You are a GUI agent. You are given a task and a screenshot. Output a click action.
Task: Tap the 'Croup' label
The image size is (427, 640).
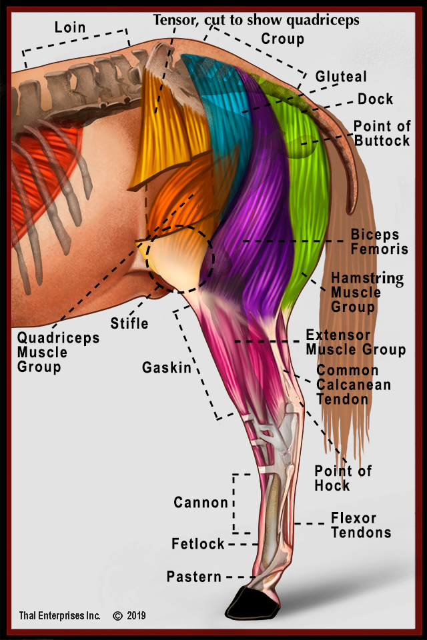[x=282, y=39]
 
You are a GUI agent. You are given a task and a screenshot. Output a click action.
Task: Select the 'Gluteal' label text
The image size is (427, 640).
[x=341, y=77]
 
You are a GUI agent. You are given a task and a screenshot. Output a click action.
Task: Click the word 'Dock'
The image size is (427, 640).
[x=375, y=99]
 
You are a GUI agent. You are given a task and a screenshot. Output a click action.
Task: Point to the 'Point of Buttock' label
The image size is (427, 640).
[x=382, y=133]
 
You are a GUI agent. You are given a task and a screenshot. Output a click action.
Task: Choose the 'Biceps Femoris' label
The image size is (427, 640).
[x=375, y=242]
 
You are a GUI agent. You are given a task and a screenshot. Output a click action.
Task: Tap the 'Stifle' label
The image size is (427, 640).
[x=129, y=323]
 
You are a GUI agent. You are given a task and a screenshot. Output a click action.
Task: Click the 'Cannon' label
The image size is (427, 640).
[x=201, y=502]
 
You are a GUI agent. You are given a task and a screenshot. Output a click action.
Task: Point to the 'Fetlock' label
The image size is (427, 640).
[x=198, y=544]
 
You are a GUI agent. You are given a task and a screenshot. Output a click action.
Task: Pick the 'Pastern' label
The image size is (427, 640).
[x=193, y=576]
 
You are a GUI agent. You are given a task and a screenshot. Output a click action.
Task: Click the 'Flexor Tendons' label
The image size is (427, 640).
[x=361, y=525]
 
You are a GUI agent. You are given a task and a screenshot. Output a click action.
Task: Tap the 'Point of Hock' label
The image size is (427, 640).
[x=343, y=477]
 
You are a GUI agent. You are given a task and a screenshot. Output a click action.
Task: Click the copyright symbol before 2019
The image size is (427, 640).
[x=117, y=616]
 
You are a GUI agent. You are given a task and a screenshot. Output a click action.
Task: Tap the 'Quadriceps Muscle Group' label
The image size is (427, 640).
[x=58, y=352]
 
